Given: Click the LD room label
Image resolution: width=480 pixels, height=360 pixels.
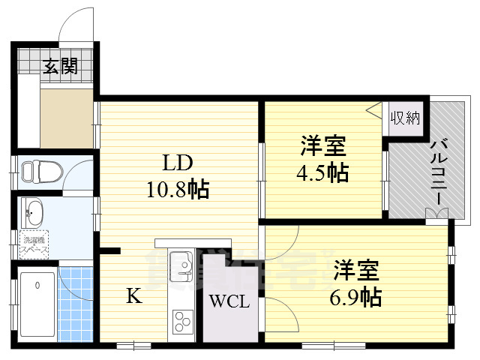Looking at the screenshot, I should coord(179,163).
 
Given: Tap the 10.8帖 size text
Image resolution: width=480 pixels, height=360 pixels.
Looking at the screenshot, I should coord(178,189).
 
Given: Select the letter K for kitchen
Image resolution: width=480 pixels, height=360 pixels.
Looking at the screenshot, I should coord(133,296).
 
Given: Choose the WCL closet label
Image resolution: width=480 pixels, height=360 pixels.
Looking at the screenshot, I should coord(224,303).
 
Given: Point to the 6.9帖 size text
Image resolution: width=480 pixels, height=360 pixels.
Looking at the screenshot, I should coord(357,296).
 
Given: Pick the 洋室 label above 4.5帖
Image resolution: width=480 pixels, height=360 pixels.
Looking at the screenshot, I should coord(323,145).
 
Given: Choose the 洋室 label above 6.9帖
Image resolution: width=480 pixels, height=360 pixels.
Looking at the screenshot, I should coord(356,268).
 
